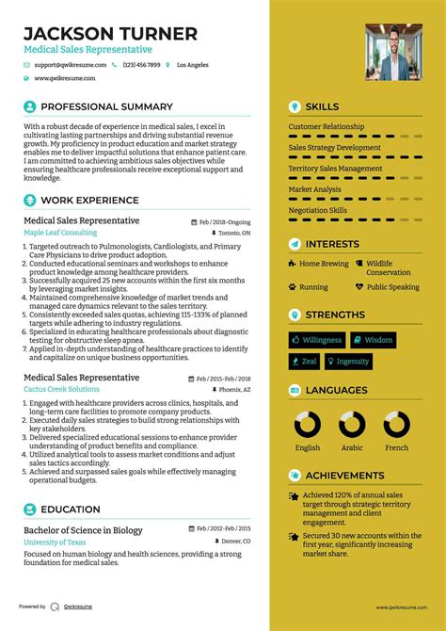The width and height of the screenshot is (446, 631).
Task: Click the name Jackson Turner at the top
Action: [x=111, y=34]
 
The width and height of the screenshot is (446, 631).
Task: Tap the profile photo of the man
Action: [x=393, y=52]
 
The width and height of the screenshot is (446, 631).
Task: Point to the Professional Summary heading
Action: [x=106, y=107]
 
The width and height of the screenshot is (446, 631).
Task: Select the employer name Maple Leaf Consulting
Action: [x=60, y=232]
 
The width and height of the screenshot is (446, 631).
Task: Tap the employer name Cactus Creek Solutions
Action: [x=61, y=389]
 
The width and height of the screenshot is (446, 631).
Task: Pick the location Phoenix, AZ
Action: [x=233, y=389]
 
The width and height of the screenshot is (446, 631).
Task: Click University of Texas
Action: [x=56, y=543]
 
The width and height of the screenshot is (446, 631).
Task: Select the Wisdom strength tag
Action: [x=373, y=340]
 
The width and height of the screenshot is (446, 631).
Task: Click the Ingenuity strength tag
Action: [x=348, y=362]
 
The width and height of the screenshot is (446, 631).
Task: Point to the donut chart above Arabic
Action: [x=352, y=424]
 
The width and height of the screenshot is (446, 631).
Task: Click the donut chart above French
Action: [x=396, y=424]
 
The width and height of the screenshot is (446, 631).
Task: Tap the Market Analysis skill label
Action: [x=315, y=189]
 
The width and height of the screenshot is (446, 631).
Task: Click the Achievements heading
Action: [x=344, y=476]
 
